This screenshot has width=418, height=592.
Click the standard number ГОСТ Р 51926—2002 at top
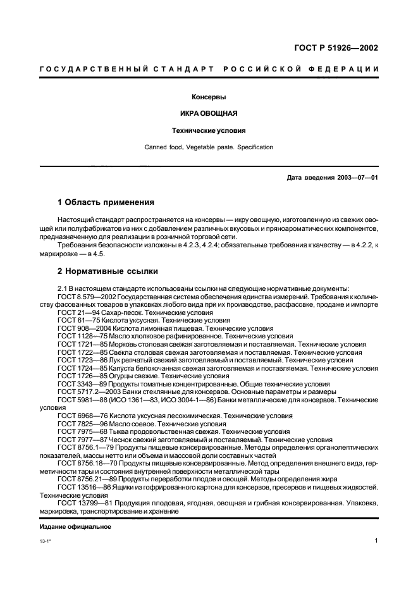point(338,47)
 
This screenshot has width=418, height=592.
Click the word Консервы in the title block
point(209,97)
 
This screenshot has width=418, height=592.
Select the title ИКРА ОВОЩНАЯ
point(209,114)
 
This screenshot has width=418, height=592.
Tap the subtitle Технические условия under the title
point(209,131)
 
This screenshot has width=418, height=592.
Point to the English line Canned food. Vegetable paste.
point(209,147)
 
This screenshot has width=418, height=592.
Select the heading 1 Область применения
point(106,202)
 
